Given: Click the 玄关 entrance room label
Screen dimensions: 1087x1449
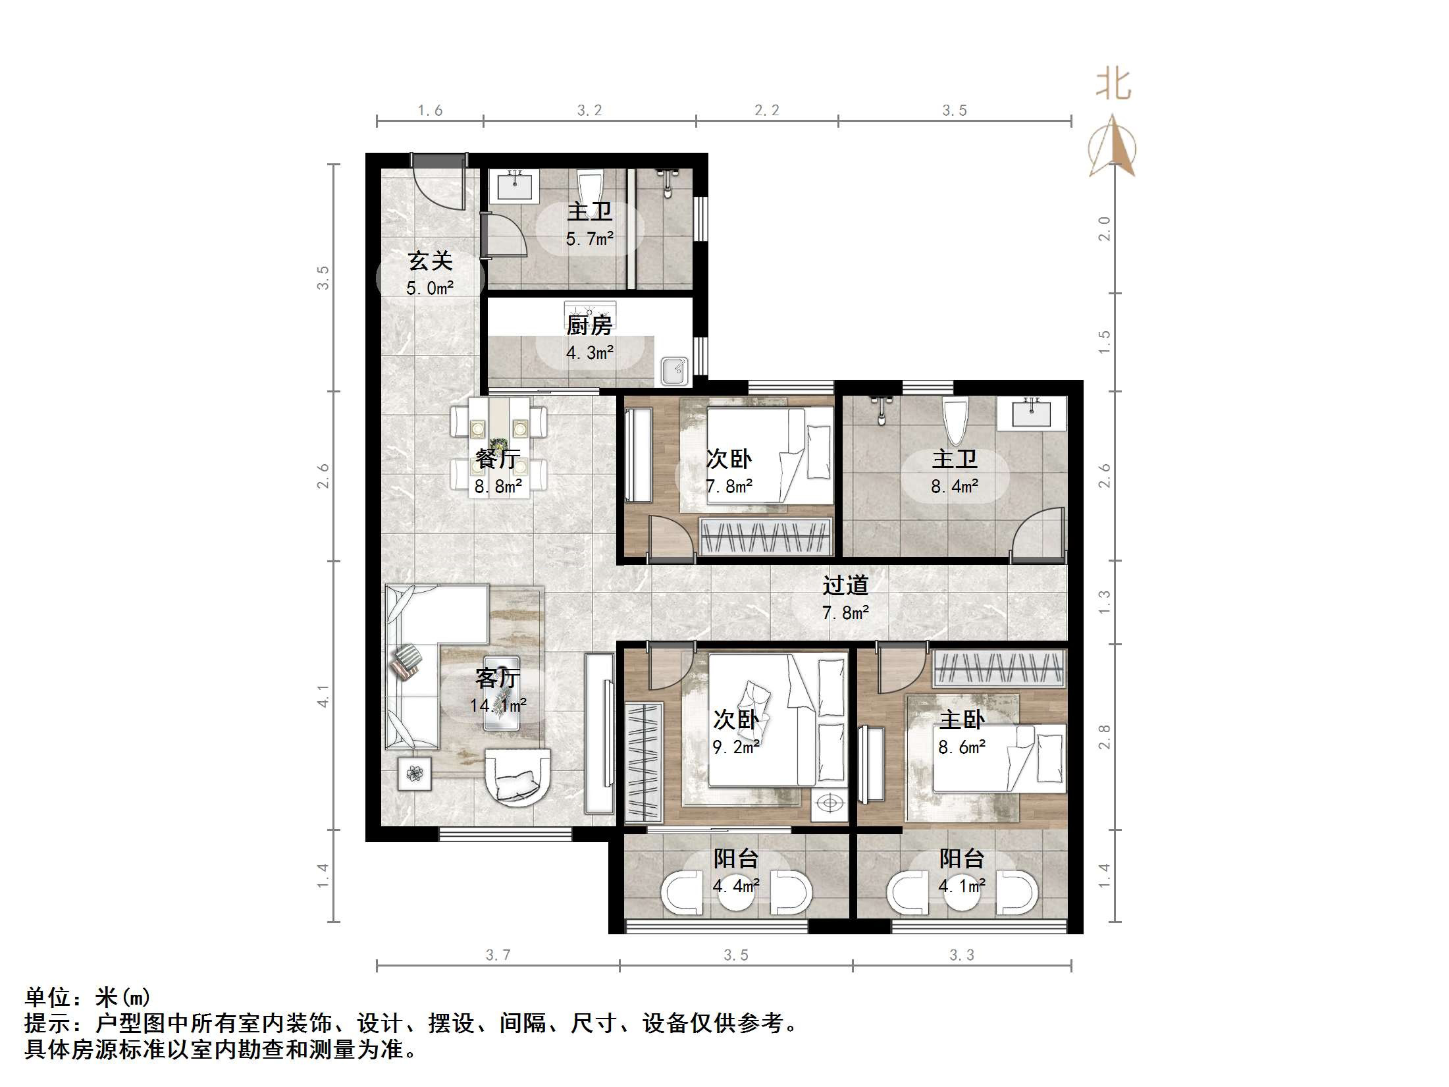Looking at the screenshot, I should click(x=430, y=261).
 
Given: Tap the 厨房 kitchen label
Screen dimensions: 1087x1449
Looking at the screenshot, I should click(x=589, y=325).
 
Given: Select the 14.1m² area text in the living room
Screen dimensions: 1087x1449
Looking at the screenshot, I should click(x=498, y=706).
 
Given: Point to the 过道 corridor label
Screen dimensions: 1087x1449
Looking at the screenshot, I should click(x=845, y=585).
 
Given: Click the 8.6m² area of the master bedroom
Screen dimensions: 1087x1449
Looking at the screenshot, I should click(x=962, y=747).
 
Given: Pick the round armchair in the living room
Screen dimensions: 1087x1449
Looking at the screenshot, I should click(x=517, y=777).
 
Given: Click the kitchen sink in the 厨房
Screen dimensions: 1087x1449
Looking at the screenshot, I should click(x=674, y=372).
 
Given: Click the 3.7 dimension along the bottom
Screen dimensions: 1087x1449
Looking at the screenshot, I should click(x=498, y=955).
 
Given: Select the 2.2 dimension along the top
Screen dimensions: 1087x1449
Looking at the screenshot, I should click(x=766, y=111).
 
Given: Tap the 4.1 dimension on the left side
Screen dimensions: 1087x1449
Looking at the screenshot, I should click(x=323, y=695).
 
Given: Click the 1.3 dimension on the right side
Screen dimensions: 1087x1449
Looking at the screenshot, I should click(x=1104, y=602).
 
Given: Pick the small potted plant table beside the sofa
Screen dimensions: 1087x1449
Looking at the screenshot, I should click(x=414, y=773).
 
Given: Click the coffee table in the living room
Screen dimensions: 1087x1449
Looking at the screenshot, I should click(x=502, y=693).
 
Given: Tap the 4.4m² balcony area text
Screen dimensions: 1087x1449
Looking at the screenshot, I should click(x=735, y=886).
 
